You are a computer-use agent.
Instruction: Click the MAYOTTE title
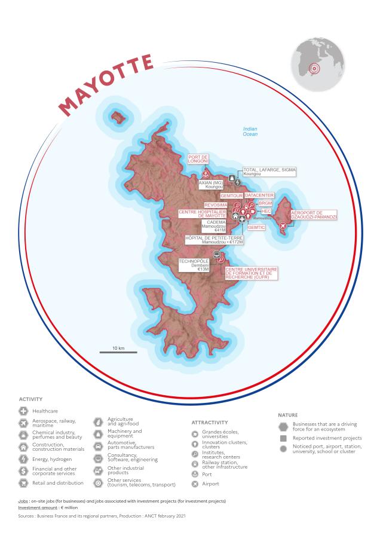(x=107, y=84)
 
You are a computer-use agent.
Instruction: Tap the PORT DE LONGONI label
(x=199, y=160)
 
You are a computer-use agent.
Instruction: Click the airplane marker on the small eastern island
(x=299, y=225)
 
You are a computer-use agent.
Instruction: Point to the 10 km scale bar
(x=118, y=352)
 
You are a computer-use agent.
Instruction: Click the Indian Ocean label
(x=250, y=132)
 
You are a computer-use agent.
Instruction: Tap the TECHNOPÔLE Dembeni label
(x=193, y=265)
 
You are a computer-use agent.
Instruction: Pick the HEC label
(x=266, y=211)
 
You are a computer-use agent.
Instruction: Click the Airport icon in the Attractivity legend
(x=194, y=483)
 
